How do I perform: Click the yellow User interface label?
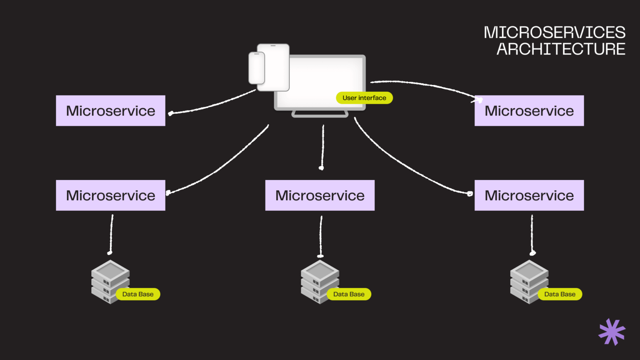click(364, 98)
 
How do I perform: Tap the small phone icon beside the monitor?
click(257, 68)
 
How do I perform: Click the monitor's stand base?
click(320, 114)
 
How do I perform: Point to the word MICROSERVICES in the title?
click(554, 32)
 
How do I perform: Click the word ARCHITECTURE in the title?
click(560, 49)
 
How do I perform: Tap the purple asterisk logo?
click(612, 332)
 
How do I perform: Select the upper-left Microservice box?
click(110, 111)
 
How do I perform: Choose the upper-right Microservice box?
click(529, 111)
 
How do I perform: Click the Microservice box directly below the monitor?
click(320, 195)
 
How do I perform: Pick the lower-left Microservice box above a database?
click(110, 195)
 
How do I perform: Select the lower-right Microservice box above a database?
click(529, 195)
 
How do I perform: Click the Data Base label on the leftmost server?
click(138, 294)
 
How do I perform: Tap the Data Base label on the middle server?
click(349, 294)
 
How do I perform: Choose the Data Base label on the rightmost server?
click(560, 294)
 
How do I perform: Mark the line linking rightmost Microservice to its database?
click(532, 233)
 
